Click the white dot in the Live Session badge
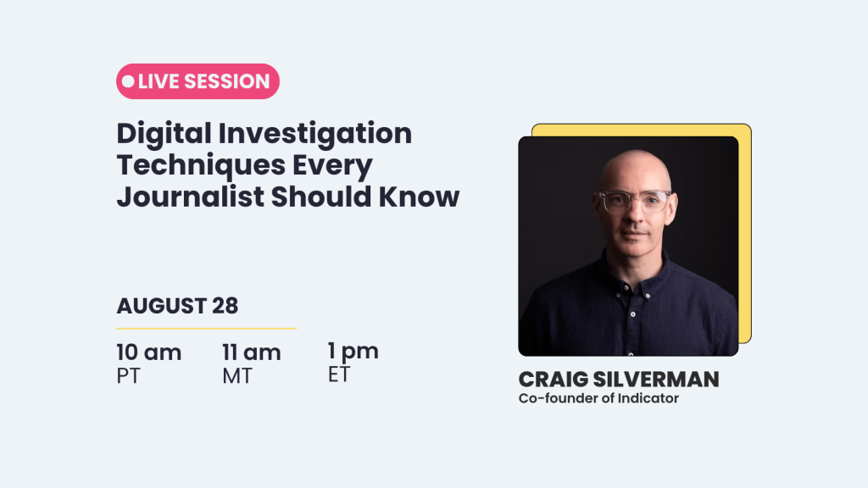[128, 81]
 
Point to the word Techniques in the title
[192, 165]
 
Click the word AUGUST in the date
[161, 306]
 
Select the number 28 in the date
[225, 306]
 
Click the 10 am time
[148, 352]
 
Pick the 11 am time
[251, 352]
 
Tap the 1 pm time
[353, 351]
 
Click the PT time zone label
[129, 376]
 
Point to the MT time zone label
[237, 376]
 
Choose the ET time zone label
[339, 374]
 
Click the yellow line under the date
[206, 328]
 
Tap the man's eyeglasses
[633, 201]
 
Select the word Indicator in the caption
[648, 398]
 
